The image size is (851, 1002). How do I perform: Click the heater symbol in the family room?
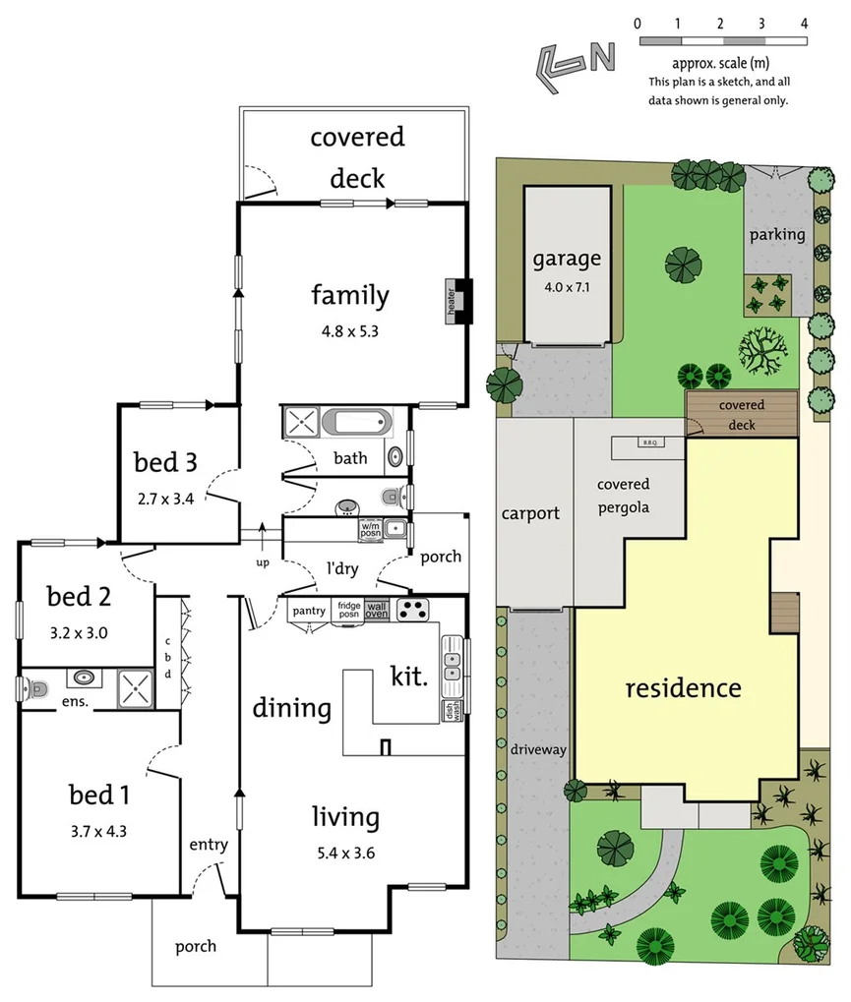457,301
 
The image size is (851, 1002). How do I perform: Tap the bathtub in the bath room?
356,425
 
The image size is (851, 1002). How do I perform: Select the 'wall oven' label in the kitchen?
377,610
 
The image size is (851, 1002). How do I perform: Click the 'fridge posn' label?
349,610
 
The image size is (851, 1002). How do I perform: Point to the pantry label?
309,611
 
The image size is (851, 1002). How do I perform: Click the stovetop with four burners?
414,610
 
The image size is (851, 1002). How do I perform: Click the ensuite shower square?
135,688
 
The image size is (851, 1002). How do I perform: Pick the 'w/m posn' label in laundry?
371,528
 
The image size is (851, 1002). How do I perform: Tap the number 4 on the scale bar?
804,23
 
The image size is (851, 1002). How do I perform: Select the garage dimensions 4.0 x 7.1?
567,288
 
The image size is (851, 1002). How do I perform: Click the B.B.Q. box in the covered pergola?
649,442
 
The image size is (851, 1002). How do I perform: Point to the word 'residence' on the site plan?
684,687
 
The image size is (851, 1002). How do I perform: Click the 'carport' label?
530,512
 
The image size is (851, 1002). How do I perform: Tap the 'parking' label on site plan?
777,234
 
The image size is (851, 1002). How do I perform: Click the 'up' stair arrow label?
262,562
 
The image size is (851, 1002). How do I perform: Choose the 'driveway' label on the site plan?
538,749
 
